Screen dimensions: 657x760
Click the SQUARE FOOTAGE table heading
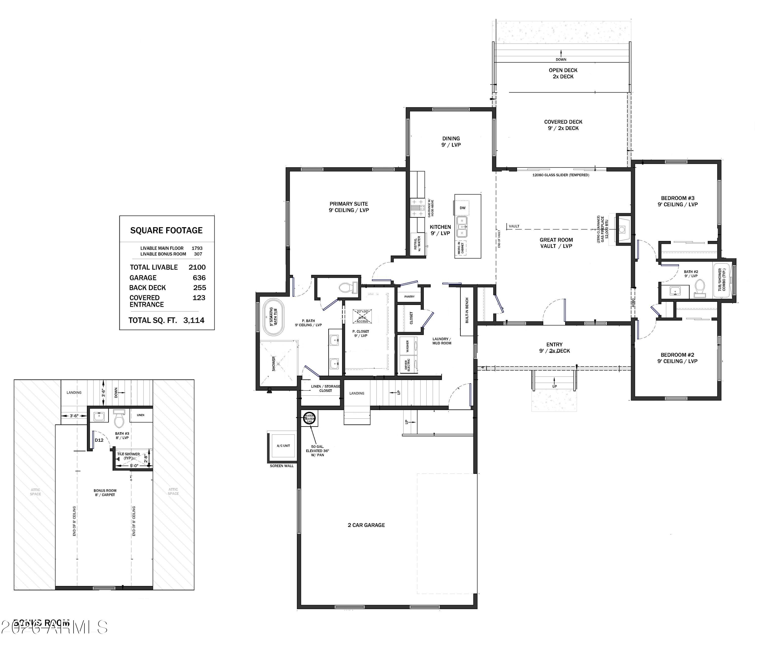pyautogui.click(x=166, y=230)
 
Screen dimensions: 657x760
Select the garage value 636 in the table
pyautogui.click(x=199, y=278)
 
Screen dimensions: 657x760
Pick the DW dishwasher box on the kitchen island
pyautogui.click(x=463, y=208)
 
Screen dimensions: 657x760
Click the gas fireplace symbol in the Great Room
pyautogui.click(x=622, y=229)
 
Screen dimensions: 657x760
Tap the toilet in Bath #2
pyautogui.click(x=699, y=288)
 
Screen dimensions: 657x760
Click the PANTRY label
pyautogui.click(x=409, y=297)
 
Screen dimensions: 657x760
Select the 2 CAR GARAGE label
pyautogui.click(x=366, y=525)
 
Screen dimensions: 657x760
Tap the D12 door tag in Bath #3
pyautogui.click(x=99, y=440)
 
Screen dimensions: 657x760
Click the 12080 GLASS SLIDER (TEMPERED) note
pyautogui.click(x=560, y=175)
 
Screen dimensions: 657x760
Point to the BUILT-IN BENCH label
pyautogui.click(x=467, y=311)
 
